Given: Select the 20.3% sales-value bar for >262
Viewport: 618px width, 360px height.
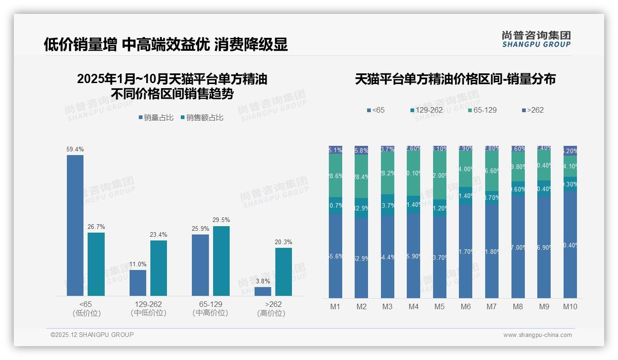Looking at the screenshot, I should click(284, 272).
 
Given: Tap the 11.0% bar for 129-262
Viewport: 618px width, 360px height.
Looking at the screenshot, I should click(138, 282).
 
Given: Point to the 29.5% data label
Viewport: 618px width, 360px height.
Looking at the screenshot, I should click(221, 220).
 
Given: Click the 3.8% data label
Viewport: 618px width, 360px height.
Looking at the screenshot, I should click(263, 281).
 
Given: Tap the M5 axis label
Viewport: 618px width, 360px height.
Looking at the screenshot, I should click(440, 306).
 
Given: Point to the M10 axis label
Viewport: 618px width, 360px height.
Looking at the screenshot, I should click(570, 306).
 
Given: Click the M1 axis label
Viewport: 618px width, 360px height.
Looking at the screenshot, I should click(335, 306).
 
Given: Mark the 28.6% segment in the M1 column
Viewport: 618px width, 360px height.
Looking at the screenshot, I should click(335, 175).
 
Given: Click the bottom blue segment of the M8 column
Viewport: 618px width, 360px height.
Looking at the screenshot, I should click(518, 247).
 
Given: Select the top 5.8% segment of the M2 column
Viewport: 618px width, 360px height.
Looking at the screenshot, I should click(361, 150).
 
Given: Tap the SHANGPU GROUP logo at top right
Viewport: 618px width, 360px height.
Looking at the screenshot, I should click(536, 39).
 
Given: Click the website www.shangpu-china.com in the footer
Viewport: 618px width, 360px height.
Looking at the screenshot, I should click(537, 335).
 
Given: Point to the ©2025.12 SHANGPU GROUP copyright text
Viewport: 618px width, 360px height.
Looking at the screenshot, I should click(92, 335).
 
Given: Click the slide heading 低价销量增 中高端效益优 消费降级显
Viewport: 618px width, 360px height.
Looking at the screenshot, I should click(166, 44).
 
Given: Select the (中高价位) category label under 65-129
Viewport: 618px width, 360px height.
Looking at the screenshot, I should click(210, 313).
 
